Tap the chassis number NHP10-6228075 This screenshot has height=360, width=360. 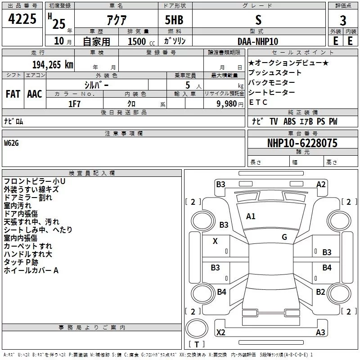click(302, 143)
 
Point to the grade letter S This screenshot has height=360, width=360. click(258, 20)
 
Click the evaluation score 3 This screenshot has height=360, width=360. click(343, 21)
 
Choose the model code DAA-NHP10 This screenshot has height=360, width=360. click(258, 41)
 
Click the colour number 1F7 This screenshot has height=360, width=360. click(74, 103)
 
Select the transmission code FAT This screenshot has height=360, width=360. click(13, 94)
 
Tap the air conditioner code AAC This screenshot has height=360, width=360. click(35, 94)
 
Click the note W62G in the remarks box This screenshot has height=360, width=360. click(13, 143)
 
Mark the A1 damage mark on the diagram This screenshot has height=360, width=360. click(251, 216)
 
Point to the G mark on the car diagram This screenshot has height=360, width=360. click(284, 237)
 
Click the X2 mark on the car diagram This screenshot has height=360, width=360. click(220, 333)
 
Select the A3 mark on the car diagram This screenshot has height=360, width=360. click(320, 333)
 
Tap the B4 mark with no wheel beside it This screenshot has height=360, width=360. click(327, 268)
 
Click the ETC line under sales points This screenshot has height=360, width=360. click(258, 102)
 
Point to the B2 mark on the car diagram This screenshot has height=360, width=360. click(320, 292)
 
